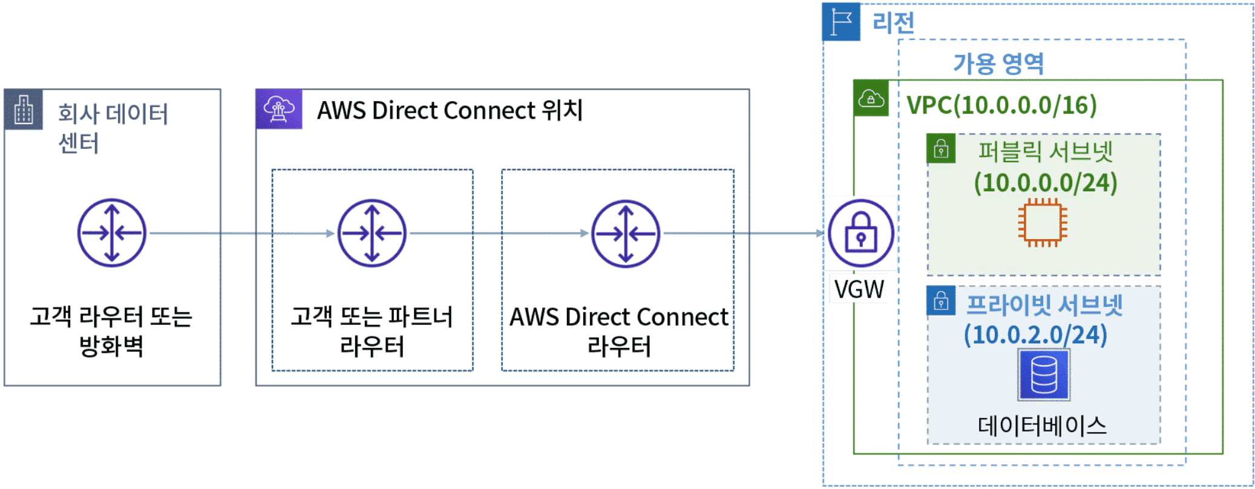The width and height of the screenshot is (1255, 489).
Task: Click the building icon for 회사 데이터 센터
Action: (x=24, y=110)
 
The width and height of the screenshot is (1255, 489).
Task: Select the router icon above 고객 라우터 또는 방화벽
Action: (x=112, y=233)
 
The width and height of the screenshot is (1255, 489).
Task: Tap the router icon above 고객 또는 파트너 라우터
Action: (x=372, y=233)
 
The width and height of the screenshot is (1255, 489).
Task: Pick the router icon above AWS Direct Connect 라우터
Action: (x=626, y=234)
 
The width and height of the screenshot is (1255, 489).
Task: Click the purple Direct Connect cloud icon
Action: (x=279, y=110)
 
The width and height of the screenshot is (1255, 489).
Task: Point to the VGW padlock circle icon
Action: (x=861, y=233)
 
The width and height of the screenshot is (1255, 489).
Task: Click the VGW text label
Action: (x=859, y=289)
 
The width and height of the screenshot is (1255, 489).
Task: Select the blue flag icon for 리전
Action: (x=841, y=22)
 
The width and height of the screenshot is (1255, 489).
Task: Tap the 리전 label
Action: (x=893, y=23)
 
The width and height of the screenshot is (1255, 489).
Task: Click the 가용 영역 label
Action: (x=999, y=64)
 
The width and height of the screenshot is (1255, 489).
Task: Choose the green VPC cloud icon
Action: (x=871, y=98)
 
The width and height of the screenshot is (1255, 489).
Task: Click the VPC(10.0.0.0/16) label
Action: (x=1002, y=105)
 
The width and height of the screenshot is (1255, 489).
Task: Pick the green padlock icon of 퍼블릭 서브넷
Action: (x=941, y=149)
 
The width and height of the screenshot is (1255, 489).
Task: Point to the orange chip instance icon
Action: (x=1043, y=223)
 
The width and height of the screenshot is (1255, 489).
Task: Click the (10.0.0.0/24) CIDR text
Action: (x=1046, y=183)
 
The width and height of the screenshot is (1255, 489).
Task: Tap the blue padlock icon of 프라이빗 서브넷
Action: (x=941, y=301)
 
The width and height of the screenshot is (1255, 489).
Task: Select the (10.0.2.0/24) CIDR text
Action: (x=1035, y=335)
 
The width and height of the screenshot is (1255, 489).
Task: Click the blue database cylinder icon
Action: (x=1044, y=375)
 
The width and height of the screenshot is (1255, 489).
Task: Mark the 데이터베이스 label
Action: (x=1042, y=426)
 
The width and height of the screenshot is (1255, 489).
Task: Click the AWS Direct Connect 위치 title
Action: (x=450, y=111)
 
